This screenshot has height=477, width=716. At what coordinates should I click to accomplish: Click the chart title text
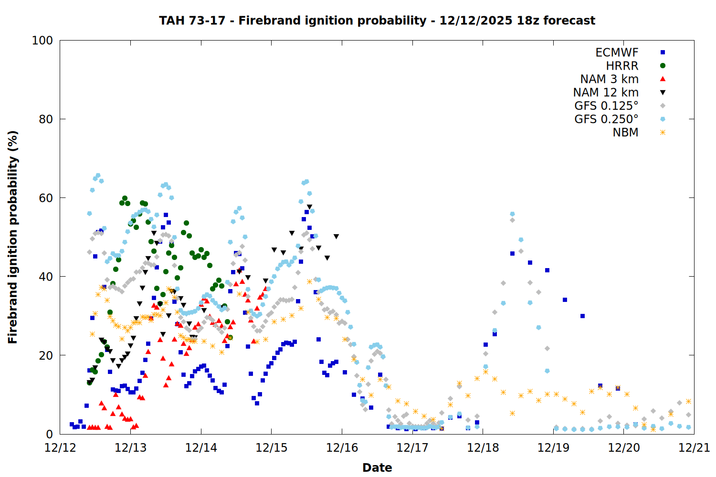coord(377,21)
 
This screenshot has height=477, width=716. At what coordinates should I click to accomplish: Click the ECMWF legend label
coord(617,52)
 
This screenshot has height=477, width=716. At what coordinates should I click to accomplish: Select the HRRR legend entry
coord(622,66)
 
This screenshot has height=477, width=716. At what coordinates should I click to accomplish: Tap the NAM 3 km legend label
coord(609,79)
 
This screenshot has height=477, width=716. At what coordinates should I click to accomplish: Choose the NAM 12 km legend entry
coord(606,93)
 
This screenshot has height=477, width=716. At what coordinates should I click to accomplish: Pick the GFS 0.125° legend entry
coord(606,106)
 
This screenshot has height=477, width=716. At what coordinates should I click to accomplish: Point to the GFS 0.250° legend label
coord(606,119)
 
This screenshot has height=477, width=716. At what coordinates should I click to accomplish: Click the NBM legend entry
coord(625,133)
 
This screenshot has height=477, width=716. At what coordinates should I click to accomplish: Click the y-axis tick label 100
coord(42,41)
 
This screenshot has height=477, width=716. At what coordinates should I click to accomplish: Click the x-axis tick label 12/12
coord(60,448)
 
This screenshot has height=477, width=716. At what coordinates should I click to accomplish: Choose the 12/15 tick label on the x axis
coord(272,448)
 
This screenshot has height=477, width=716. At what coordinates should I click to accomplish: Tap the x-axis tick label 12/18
coord(483,448)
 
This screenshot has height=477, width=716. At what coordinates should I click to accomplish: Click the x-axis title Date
coord(377,467)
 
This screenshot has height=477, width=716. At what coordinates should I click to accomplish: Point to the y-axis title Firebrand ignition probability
coord(13,237)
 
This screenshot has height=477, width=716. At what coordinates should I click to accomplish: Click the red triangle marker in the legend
coord(663,79)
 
